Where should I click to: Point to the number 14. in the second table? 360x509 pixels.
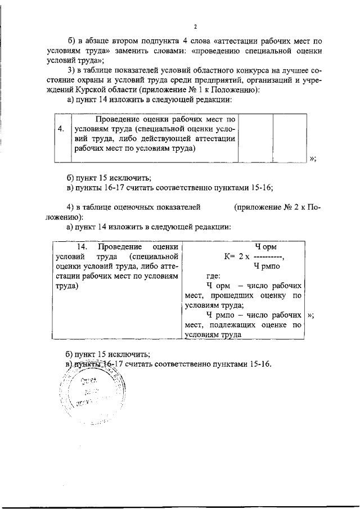(x=83, y=247)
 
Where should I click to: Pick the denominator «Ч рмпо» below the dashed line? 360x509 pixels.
(x=267, y=266)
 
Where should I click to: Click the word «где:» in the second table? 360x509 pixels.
(x=213, y=276)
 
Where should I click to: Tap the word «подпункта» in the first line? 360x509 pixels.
(x=154, y=41)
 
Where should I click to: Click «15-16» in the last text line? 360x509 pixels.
(x=259, y=363)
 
